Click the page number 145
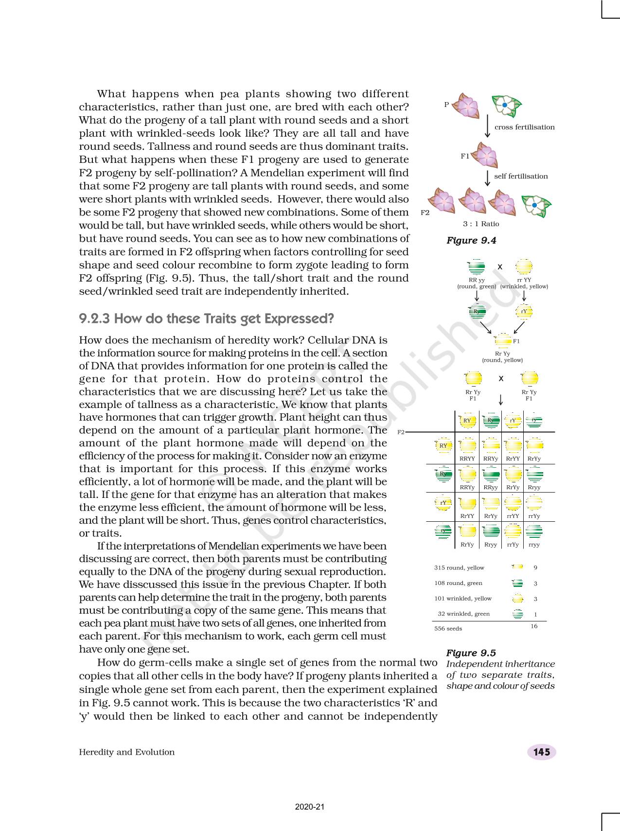(x=541, y=752)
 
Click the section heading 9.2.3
(x=206, y=319)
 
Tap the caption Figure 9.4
(x=471, y=241)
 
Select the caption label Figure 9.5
(x=471, y=653)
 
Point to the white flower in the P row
(x=506, y=106)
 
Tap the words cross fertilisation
(x=524, y=127)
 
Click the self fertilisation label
(x=521, y=177)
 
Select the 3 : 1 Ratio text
(x=481, y=224)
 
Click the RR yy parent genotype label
(x=477, y=280)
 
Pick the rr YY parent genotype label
(x=524, y=280)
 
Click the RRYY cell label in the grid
(x=467, y=459)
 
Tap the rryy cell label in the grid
(x=534, y=545)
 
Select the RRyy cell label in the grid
(x=491, y=487)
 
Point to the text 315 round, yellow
(x=459, y=568)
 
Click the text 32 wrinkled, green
(x=463, y=614)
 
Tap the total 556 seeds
(x=448, y=629)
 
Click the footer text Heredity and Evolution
(x=126, y=752)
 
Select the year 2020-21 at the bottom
(x=310, y=807)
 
